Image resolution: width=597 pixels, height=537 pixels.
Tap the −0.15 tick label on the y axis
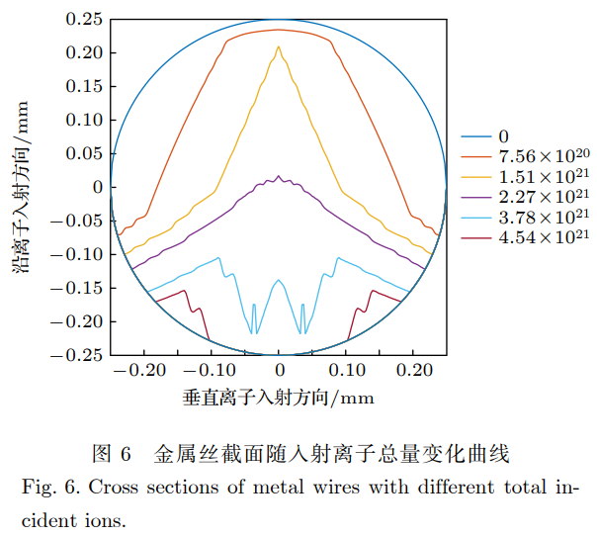[79, 288]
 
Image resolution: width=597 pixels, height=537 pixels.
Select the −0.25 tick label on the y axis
[79, 354]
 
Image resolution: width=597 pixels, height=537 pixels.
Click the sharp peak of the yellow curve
[279, 46]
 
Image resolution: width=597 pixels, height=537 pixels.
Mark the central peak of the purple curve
[279, 177]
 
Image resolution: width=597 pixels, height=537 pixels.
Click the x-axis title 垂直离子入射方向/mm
[280, 398]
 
